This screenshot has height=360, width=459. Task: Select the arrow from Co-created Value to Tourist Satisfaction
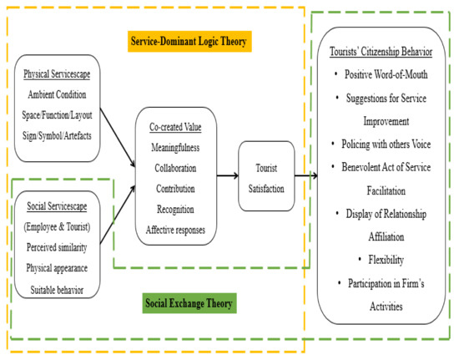tap(227, 177)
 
